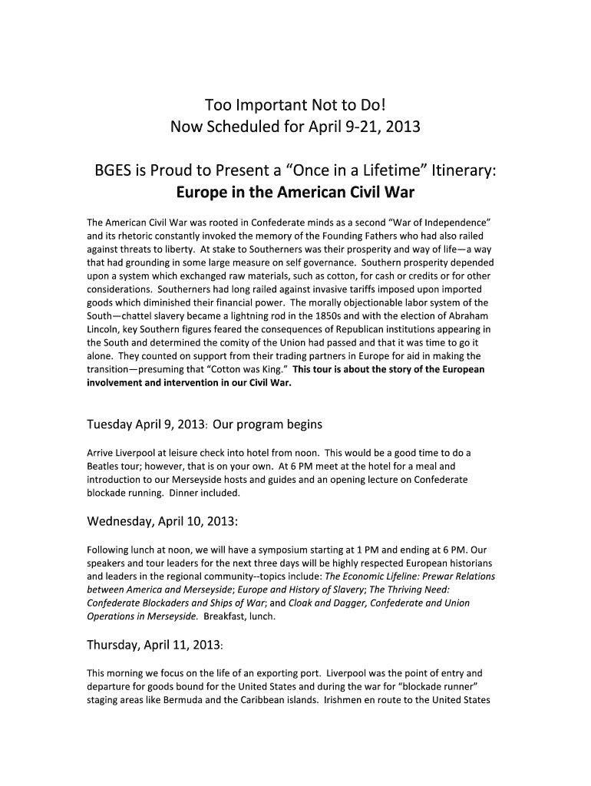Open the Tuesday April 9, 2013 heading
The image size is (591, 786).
(x=204, y=424)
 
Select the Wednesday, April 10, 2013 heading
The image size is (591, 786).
(x=162, y=522)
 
